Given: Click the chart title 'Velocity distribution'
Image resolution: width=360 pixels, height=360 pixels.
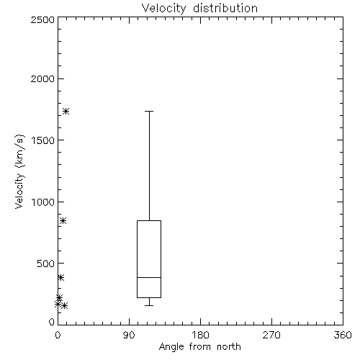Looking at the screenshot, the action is (x=199, y=9).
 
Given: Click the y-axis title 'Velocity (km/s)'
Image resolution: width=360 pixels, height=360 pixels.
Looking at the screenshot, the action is (x=19, y=171).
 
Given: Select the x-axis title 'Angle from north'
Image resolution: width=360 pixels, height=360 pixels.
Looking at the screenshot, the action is (x=199, y=347).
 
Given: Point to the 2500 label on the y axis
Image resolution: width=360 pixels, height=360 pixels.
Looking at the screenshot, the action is (x=42, y=19).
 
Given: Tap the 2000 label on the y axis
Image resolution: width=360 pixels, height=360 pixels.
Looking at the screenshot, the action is (x=42, y=78).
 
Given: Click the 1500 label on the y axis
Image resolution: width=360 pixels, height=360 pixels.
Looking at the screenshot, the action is (x=43, y=140).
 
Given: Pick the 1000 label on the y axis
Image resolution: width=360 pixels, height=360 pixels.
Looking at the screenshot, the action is (x=43, y=202).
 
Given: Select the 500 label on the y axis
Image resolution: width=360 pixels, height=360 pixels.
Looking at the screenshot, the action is (x=46, y=264).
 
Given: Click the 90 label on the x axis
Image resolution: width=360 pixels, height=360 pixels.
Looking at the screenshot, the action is (x=129, y=335).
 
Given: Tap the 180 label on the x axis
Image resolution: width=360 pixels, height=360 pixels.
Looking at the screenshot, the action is (x=200, y=335).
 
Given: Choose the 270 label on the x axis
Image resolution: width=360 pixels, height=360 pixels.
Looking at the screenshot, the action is (x=271, y=335).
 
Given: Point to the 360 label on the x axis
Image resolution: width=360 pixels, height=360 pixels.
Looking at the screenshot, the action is (x=343, y=335).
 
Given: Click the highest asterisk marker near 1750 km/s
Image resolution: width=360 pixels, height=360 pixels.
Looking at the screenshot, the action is (x=66, y=112).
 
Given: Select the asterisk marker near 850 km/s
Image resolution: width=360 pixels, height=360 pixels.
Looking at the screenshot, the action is (x=63, y=221).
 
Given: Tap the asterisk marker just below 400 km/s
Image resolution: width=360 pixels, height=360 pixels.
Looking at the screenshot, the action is (x=60, y=278).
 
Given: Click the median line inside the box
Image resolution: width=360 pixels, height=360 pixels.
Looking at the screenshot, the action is (x=149, y=277).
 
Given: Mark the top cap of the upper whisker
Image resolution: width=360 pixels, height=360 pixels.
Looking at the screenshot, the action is (x=149, y=112).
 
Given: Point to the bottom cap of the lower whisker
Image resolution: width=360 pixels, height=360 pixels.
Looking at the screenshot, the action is (x=149, y=305).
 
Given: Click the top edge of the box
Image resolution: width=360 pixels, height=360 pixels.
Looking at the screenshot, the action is (x=149, y=220).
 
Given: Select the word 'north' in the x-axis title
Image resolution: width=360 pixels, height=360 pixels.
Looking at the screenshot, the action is (x=229, y=347).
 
